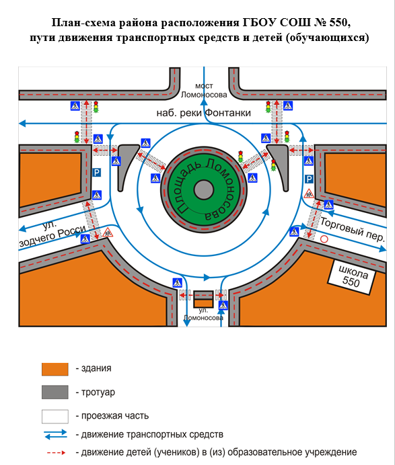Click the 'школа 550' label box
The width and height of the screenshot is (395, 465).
coord(352,277)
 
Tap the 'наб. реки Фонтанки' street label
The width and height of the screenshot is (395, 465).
coord(204,113)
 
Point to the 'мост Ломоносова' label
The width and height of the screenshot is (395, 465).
coord(204,90)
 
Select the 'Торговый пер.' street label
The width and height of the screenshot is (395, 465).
coord(353,230)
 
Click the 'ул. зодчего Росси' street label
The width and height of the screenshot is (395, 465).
coord(51,233)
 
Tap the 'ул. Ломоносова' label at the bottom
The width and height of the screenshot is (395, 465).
coord(203,314)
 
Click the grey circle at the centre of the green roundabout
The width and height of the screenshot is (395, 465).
coord(204,189)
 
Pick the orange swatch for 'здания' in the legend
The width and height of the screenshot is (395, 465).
coord(55,369)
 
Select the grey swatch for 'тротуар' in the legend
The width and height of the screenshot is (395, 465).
coord(55,392)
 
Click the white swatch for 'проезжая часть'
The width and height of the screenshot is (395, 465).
coord(55,417)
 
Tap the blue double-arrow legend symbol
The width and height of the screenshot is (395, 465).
coord(56,435)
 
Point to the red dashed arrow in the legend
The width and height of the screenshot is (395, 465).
coord(56,452)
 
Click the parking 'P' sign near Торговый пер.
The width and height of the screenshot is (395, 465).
coord(309,179)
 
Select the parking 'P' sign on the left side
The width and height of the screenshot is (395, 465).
coord(96,173)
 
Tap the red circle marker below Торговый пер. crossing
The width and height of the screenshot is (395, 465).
coord(324,239)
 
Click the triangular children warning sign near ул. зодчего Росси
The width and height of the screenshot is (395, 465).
coord(108,232)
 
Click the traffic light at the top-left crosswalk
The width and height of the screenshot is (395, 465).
coord(96,107)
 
